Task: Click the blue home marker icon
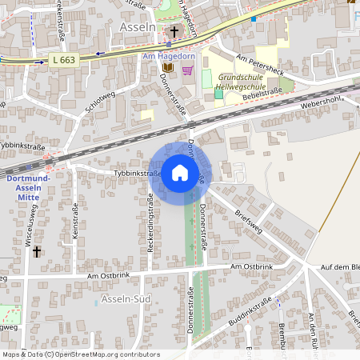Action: (x=180, y=173)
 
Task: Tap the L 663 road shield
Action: (x=64, y=61)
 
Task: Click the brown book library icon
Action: (x=168, y=69)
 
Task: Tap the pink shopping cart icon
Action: (x=187, y=70)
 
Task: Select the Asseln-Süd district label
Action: (x=126, y=299)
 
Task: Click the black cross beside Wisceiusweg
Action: (x=36, y=252)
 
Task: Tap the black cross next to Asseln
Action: (x=174, y=32)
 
